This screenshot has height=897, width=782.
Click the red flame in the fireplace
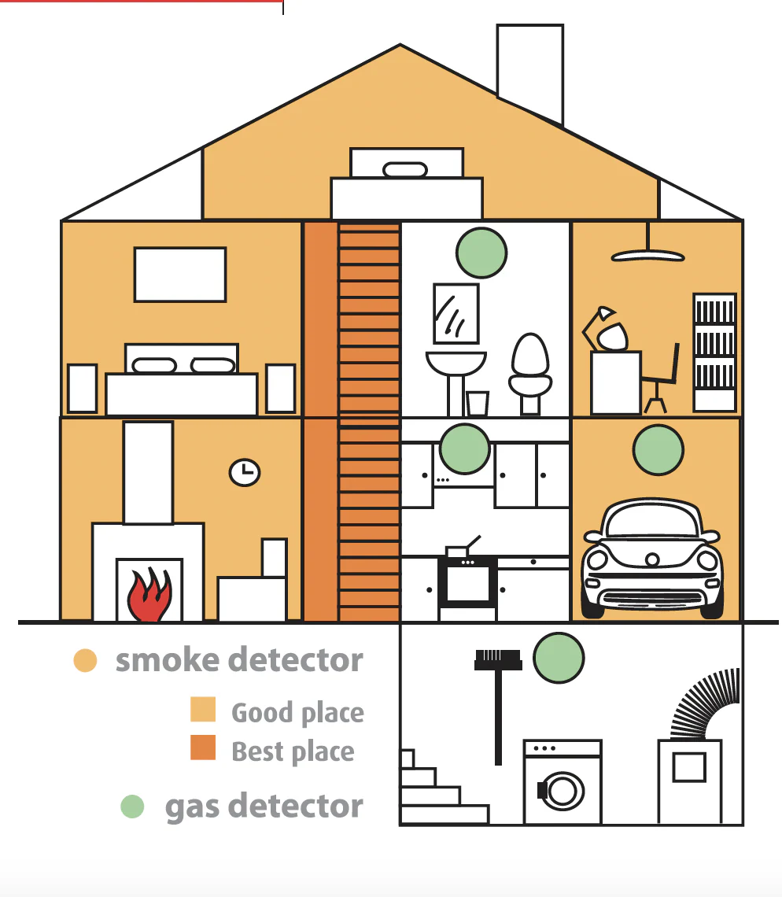click(149, 595)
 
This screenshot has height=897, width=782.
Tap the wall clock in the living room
click(245, 473)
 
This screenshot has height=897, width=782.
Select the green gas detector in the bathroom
click(481, 253)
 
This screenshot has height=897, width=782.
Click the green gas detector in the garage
click(658, 449)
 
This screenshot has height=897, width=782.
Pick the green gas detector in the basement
click(559, 658)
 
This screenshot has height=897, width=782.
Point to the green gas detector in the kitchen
click(465, 449)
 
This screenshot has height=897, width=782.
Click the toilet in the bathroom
click(530, 373)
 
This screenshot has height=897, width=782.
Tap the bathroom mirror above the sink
click(456, 313)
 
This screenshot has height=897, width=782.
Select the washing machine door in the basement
click(563, 791)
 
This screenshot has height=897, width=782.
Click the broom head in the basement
click(498, 660)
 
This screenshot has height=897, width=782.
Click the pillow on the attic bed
click(405, 169)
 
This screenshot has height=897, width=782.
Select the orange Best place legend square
click(203, 747)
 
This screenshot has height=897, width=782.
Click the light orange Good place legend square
click(203, 710)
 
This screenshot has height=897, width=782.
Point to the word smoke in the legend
click(168, 660)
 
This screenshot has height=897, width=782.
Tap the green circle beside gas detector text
click(133, 807)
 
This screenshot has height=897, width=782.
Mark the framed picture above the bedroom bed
click(180, 275)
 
